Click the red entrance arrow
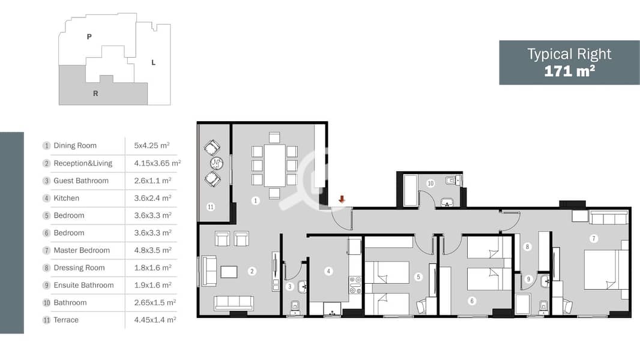click(x=342, y=199)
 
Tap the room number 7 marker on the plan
click(x=593, y=239)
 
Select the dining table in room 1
click(x=274, y=166)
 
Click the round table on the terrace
click(x=216, y=163)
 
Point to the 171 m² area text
click(x=569, y=71)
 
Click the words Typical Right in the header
click(x=569, y=54)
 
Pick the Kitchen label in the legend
click(x=67, y=198)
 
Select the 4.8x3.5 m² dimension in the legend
click(x=152, y=250)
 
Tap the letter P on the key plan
click(x=89, y=37)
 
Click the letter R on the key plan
click(x=95, y=94)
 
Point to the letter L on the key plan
click(x=154, y=62)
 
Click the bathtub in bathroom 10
click(x=410, y=190)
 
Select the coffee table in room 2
click(x=229, y=272)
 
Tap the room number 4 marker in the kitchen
click(x=328, y=271)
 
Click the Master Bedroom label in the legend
click(x=82, y=250)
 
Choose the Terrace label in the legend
click(x=66, y=320)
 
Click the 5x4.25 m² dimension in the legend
click(x=152, y=146)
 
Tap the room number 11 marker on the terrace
click(x=211, y=207)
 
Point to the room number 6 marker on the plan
click(x=472, y=301)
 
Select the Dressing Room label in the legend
click(x=79, y=268)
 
